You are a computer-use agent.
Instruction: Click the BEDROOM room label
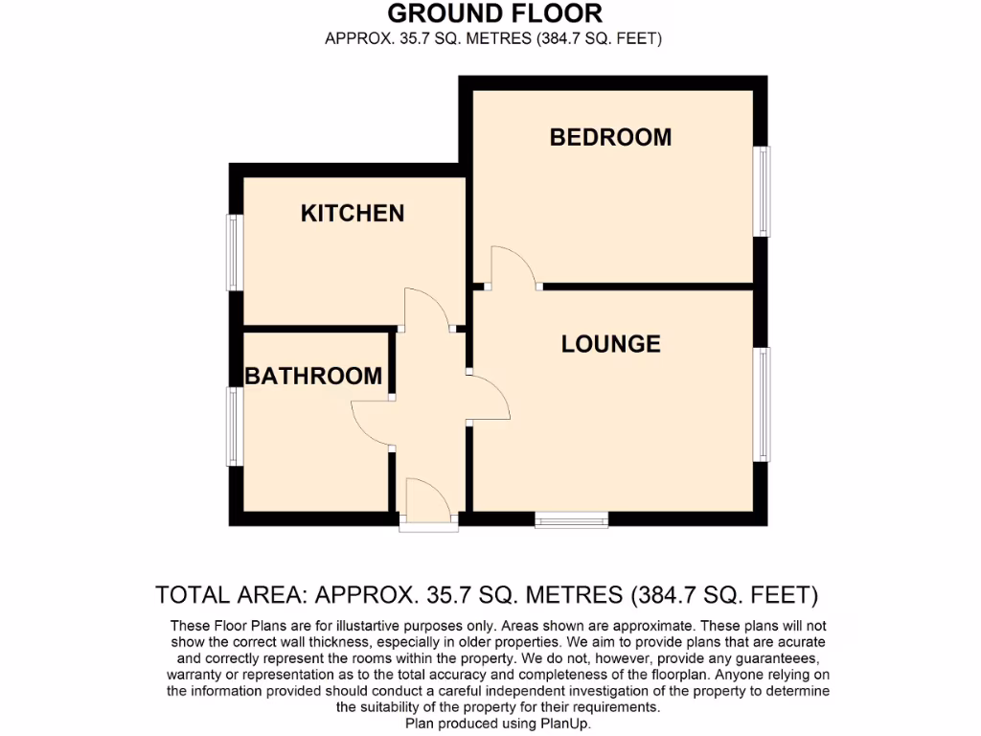(x=610, y=137)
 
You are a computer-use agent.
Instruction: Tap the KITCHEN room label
(x=353, y=213)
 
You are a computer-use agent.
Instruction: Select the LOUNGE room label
(x=610, y=343)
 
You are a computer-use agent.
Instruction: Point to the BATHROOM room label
(x=313, y=376)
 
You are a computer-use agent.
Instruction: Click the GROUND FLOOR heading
(x=494, y=13)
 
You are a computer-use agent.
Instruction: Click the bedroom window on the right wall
(x=763, y=191)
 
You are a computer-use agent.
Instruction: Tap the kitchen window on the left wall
(x=233, y=251)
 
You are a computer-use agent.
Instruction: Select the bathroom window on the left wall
(x=233, y=425)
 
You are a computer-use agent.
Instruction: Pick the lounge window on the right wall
(x=763, y=404)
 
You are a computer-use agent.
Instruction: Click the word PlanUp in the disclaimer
(x=567, y=724)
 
